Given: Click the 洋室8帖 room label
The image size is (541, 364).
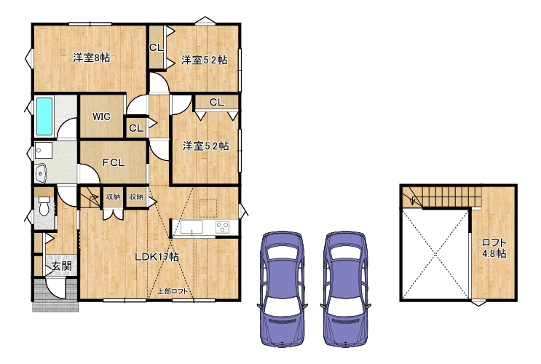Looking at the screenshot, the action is [92, 58].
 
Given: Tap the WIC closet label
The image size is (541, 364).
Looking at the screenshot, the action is [101, 116].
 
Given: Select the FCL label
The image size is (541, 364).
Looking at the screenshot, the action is [114, 162].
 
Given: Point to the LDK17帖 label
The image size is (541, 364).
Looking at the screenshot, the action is [157, 257].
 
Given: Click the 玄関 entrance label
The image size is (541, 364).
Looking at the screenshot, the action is [62, 266].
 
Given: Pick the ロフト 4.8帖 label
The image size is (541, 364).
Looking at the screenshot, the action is [494, 248].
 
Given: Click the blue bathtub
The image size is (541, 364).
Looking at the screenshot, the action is [44, 116].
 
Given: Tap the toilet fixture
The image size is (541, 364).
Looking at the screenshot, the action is [44, 206].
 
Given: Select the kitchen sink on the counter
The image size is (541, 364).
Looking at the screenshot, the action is [191, 227].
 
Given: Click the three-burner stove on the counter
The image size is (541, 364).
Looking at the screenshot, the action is [223, 227].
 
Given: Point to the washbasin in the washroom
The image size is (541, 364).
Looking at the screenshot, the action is [40, 173].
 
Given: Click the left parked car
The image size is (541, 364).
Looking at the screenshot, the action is [283, 289].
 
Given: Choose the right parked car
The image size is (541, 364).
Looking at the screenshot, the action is [346, 289].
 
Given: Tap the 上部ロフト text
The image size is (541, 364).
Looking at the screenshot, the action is [173, 291].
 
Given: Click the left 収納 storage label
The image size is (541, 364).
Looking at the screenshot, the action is [113, 197].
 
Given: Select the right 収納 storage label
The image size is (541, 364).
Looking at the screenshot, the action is [136, 197].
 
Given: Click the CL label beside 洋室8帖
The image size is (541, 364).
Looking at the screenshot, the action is [157, 48].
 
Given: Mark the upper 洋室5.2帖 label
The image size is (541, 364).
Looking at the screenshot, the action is [205, 60].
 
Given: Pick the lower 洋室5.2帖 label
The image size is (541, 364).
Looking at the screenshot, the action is [205, 146].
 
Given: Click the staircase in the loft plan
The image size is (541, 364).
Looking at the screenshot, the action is [442, 197].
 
